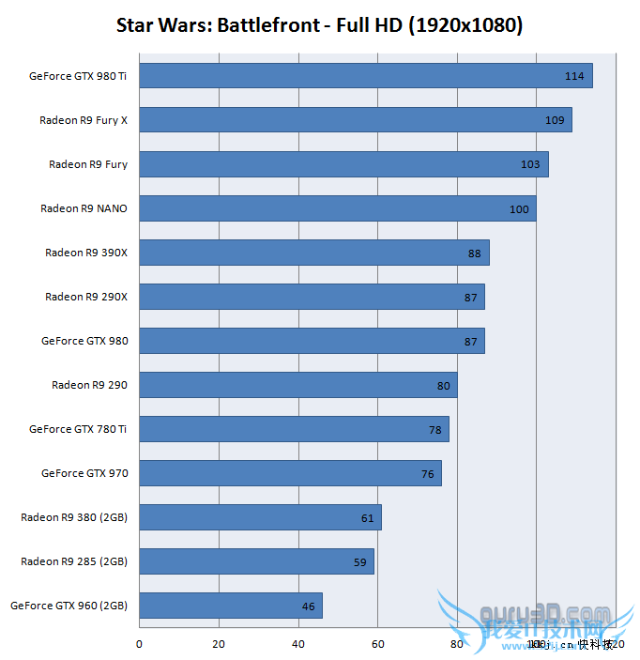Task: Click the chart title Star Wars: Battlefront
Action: tap(319, 25)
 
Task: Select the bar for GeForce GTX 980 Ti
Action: tap(366, 76)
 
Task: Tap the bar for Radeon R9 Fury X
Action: tap(356, 120)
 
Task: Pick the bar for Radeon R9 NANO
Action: tap(338, 208)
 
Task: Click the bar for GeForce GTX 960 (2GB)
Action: tap(231, 606)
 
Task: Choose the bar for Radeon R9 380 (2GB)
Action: tap(261, 517)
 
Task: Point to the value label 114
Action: tap(574, 76)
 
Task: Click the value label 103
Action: tap(530, 164)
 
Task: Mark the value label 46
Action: tap(308, 606)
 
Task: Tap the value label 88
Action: tap(474, 253)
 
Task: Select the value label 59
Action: tap(360, 562)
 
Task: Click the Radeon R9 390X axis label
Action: tap(86, 253)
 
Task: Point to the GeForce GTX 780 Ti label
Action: tap(78, 429)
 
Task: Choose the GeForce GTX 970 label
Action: tap(84, 473)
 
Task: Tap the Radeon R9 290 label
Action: tap(89, 385)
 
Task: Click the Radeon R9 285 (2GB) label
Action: tap(74, 561)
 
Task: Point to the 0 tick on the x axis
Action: tap(139, 644)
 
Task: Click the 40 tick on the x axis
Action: tap(298, 644)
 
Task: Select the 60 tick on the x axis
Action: tap(377, 644)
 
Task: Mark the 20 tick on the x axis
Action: tap(219, 644)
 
